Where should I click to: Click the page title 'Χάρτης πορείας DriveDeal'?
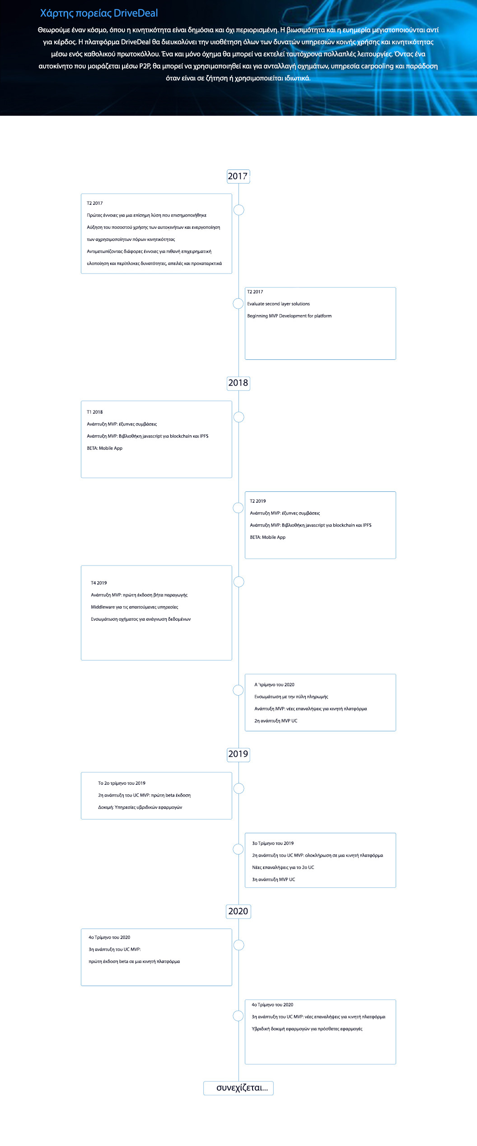99,13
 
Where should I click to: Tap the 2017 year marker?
238,176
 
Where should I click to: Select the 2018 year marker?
238,383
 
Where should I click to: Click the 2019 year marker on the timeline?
238,754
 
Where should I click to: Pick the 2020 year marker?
238,911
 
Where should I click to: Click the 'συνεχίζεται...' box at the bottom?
238,1088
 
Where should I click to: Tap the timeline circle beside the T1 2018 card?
238,417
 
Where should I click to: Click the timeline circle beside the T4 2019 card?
238,582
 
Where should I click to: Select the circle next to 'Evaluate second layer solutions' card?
238,303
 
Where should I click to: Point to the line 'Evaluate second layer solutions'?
278,304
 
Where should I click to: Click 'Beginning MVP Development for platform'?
289,316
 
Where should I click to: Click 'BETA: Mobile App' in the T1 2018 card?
104,448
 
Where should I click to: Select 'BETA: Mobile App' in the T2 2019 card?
267,538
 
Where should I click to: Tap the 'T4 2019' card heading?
99,583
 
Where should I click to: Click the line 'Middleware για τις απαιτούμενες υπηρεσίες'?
135,607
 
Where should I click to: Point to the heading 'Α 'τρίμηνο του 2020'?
274,685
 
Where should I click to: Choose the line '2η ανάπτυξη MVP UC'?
276,721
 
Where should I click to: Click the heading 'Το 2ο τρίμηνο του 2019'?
122,783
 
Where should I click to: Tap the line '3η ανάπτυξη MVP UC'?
273,880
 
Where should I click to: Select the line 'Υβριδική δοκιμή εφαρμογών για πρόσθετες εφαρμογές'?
307,1029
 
